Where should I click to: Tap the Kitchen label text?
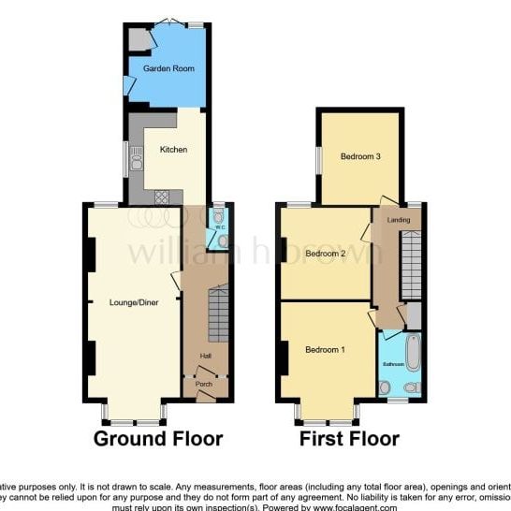click(173, 150)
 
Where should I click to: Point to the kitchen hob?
click(162, 197)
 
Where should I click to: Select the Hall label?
click(206, 356)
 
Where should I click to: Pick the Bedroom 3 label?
click(359, 156)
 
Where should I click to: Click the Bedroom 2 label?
click(326, 254)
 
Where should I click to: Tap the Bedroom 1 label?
click(325, 350)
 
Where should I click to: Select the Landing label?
click(399, 220)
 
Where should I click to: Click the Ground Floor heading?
click(158, 438)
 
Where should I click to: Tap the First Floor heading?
click(349, 438)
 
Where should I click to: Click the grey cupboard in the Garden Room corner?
click(139, 39)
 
